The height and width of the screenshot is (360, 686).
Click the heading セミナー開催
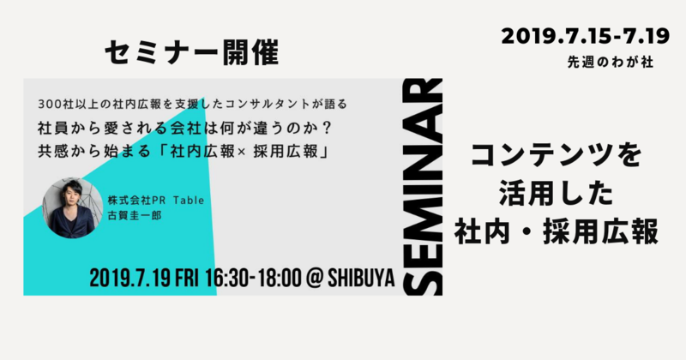[x=191, y=53]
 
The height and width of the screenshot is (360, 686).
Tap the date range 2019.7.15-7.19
[x=586, y=36]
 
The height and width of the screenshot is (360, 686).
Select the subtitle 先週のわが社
[x=611, y=62]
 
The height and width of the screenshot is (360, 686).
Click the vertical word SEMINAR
[x=423, y=187]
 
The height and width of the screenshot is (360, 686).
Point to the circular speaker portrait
[x=73, y=207]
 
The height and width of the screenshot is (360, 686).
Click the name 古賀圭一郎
[x=135, y=216]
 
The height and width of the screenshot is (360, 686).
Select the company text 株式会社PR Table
[x=156, y=201]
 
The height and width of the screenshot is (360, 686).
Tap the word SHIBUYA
[x=361, y=279]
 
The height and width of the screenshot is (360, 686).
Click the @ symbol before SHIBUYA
[x=314, y=279]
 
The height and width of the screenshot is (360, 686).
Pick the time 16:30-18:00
[x=253, y=279]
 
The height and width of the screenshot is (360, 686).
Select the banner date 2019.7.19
[x=129, y=279]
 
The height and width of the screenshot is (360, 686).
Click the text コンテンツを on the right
[x=557, y=155]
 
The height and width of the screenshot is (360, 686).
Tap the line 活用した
[x=557, y=194]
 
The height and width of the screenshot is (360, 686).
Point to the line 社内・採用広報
[x=557, y=232]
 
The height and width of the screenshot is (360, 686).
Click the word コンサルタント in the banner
[x=262, y=104]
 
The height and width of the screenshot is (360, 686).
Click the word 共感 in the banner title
[x=51, y=152]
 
